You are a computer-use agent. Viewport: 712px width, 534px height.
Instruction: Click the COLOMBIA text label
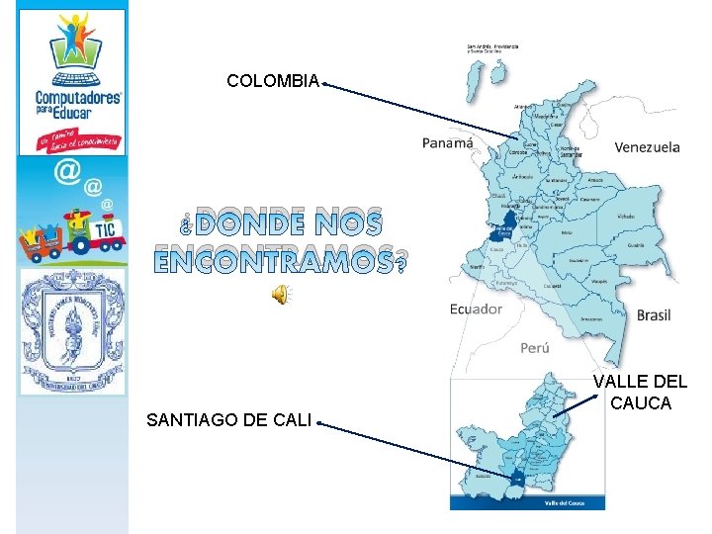pyautogui.click(x=273, y=81)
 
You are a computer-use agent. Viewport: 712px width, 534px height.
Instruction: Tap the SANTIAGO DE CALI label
pyautogui.click(x=228, y=420)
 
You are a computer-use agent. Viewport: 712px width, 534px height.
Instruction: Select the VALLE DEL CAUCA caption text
pyautogui.click(x=640, y=393)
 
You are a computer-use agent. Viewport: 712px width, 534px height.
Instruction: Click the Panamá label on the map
pyautogui.click(x=448, y=142)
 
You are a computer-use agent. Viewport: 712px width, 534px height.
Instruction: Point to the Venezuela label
pyautogui.click(x=647, y=147)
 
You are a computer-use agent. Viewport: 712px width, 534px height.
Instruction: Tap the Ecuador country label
pyautogui.click(x=476, y=309)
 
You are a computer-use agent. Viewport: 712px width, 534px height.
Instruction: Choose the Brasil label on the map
pyautogui.click(x=653, y=315)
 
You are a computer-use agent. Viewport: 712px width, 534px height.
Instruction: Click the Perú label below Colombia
pyautogui.click(x=534, y=348)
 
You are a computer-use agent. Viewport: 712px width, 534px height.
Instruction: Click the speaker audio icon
pyautogui.click(x=281, y=293)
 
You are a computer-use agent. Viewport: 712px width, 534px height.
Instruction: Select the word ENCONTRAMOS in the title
pyautogui.click(x=272, y=260)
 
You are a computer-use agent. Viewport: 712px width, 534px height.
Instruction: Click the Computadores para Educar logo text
pyautogui.click(x=77, y=104)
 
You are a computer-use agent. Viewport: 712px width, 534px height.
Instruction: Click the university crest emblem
pyautogui.click(x=72, y=331)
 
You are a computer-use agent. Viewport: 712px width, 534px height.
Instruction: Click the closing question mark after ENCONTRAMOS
pyautogui.click(x=400, y=263)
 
